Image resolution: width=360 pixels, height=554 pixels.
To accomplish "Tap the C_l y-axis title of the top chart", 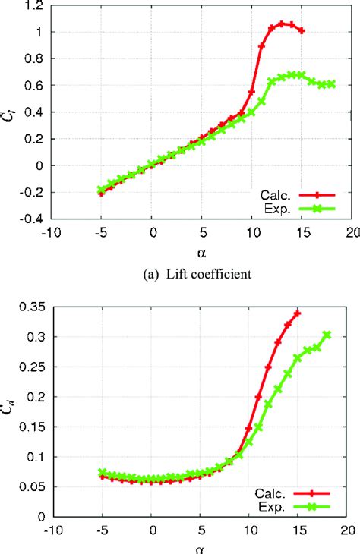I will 10,112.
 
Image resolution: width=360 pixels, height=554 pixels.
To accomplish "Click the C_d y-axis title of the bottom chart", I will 10,411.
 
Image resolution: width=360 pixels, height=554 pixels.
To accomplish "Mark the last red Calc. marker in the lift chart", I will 302,30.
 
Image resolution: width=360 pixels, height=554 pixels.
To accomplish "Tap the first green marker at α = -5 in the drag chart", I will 103,473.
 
